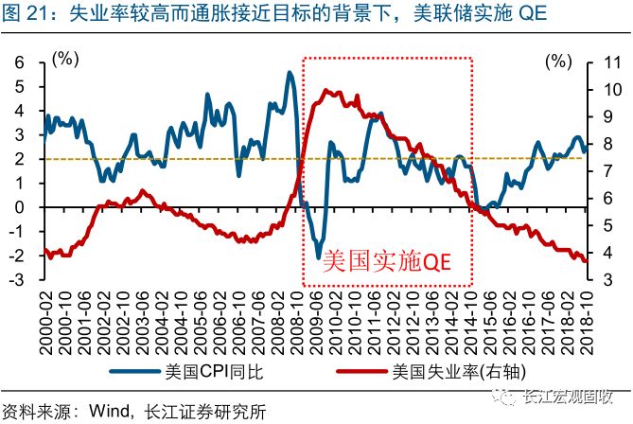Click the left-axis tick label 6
tap(17, 62)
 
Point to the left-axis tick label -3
tap(14, 280)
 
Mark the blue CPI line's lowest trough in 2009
tap(320, 257)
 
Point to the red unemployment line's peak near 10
tap(326, 91)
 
